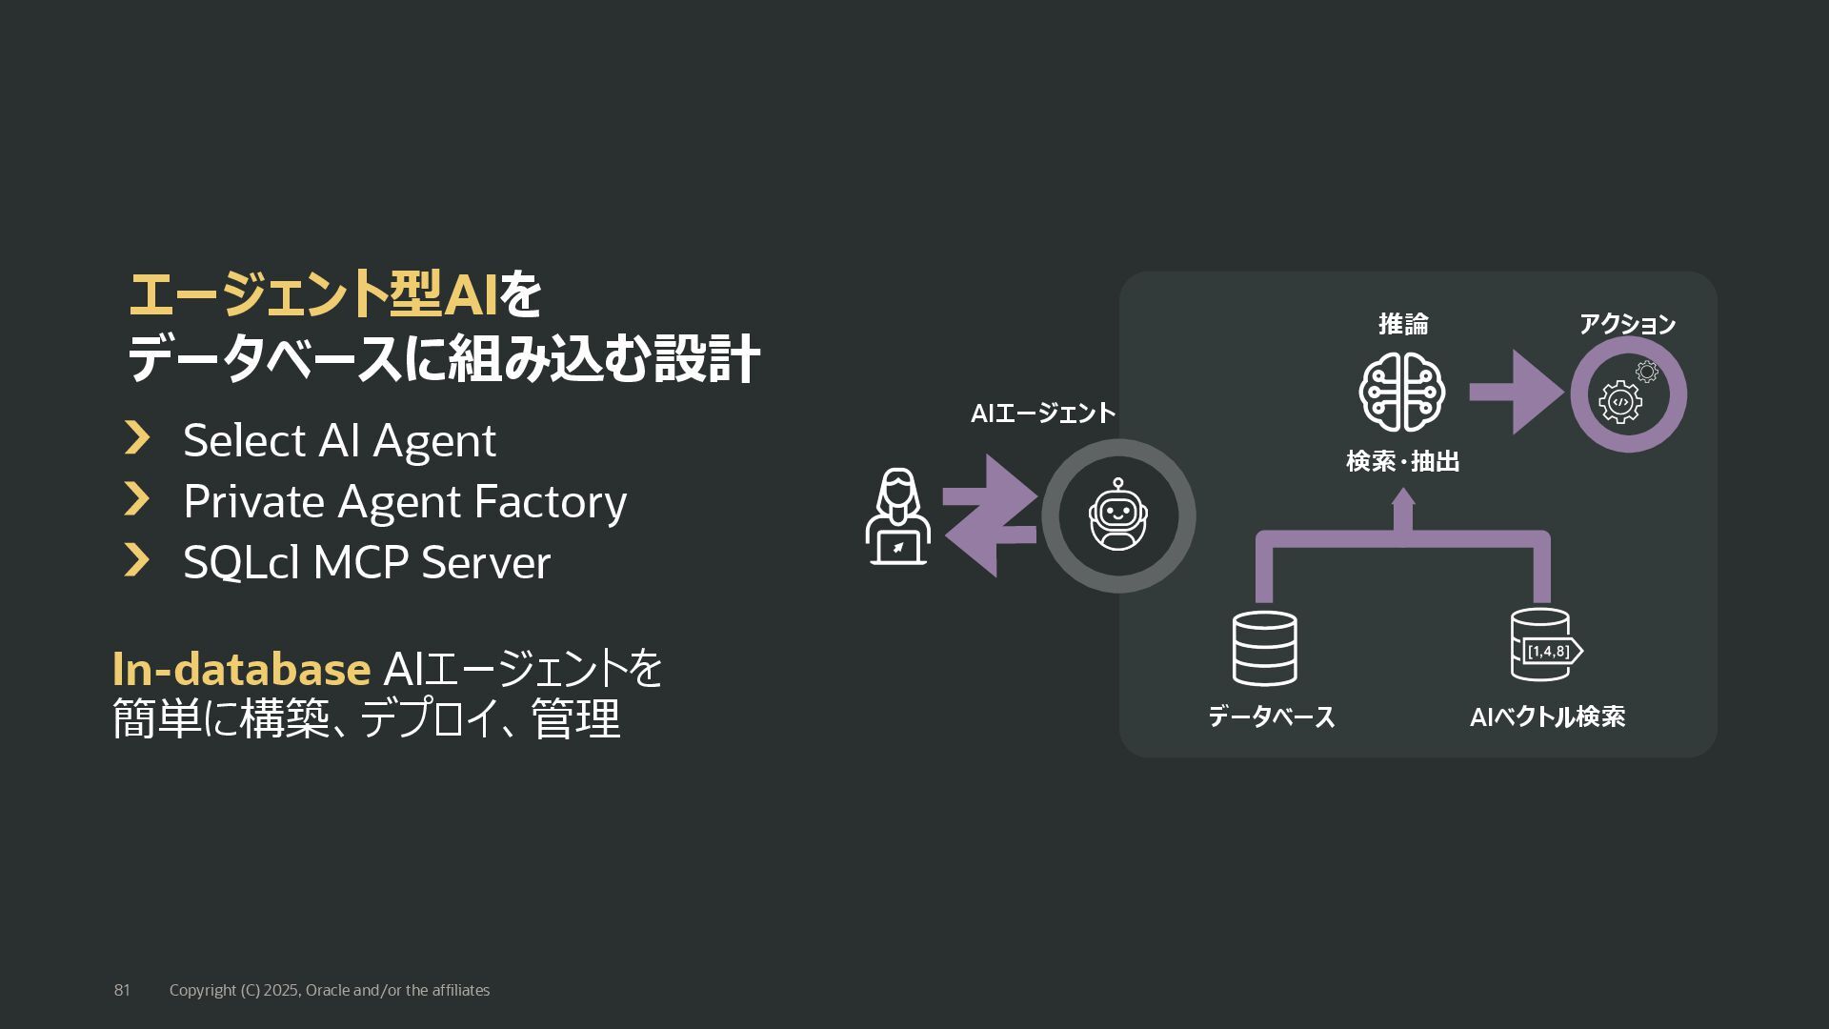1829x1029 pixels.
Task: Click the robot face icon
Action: coord(1117,515)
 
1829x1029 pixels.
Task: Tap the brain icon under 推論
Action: coord(1401,393)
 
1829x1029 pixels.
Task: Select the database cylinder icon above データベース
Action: coord(1264,648)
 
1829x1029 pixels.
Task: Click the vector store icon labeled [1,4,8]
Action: coord(1544,646)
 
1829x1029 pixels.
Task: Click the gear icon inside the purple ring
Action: coord(1621,401)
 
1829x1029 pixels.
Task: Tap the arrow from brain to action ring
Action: coord(1516,392)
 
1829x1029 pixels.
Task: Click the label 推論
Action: coord(1403,325)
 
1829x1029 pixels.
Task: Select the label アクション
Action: coord(1627,325)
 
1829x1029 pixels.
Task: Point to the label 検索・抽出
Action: coord(1402,462)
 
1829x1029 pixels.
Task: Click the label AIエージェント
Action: coord(1043,414)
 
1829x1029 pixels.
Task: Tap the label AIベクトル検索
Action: coord(1547,716)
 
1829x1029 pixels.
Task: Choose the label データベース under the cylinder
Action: coord(1271,716)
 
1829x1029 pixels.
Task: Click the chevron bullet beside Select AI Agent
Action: coord(138,438)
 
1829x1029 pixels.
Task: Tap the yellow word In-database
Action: coord(241,669)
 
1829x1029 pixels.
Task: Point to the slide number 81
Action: coord(122,990)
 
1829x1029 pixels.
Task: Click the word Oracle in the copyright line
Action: coord(328,990)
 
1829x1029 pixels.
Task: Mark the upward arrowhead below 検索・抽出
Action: coord(1403,497)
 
